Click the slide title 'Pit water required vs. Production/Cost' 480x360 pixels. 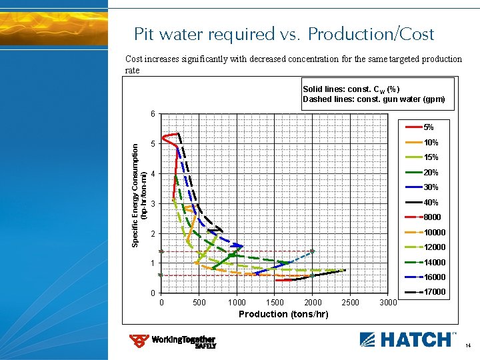click(284, 34)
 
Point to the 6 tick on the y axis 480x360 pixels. click(153, 114)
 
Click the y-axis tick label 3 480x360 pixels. click(153, 204)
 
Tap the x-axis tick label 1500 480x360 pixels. click(275, 303)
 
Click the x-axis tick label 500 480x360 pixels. click(199, 303)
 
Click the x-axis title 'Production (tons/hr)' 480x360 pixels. click(283, 314)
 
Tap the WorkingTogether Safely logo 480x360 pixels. click(173, 341)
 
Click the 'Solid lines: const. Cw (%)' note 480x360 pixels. click(351, 89)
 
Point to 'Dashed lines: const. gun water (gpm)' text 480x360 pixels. click(373, 99)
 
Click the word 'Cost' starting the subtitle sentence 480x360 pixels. click(135, 59)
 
